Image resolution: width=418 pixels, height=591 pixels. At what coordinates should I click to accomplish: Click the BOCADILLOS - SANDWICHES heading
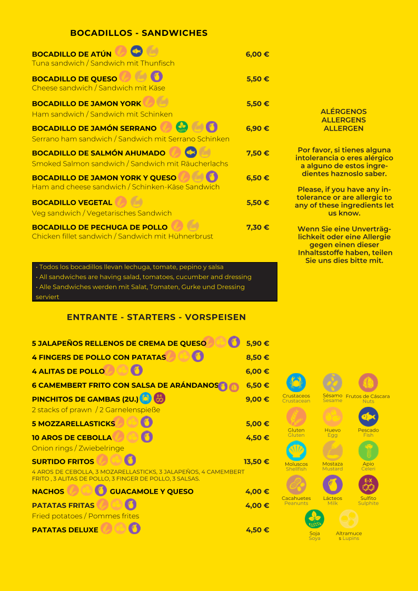pyautogui.click(x=139, y=33)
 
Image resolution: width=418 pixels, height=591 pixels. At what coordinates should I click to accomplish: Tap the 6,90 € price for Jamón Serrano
pyautogui.click(x=257, y=128)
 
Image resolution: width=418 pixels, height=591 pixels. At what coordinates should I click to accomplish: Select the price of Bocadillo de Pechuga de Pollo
pyautogui.click(x=257, y=227)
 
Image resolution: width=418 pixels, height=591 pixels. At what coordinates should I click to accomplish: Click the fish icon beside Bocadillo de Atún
pyautogui.click(x=137, y=51)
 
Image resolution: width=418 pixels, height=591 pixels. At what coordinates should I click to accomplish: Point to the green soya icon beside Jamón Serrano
pyautogui.click(x=182, y=127)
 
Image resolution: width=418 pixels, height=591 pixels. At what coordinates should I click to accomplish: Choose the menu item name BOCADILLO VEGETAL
pyautogui.click(x=72, y=203)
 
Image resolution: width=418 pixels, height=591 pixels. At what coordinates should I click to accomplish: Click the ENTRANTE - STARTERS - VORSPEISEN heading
pyautogui.click(x=156, y=317)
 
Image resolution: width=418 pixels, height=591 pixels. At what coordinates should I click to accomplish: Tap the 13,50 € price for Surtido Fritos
pyautogui.click(x=256, y=462)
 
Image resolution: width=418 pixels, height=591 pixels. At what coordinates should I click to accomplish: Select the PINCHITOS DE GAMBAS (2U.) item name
pyautogui.click(x=85, y=399)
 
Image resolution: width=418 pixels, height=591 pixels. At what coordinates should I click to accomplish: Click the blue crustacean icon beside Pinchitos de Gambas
pyautogui.click(x=146, y=398)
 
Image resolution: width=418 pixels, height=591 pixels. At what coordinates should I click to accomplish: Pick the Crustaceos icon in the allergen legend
pyautogui.click(x=296, y=383)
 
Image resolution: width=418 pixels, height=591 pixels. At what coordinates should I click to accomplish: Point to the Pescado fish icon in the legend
pyautogui.click(x=369, y=417)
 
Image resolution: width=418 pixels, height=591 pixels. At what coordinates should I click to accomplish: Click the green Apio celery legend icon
pyautogui.click(x=369, y=451)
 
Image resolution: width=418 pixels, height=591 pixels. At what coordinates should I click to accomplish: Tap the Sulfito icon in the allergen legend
pyautogui.click(x=369, y=485)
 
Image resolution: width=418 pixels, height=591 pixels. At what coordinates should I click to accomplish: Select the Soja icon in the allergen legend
pyautogui.click(x=314, y=519)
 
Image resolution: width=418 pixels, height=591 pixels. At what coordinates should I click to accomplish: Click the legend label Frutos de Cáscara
pyautogui.click(x=368, y=396)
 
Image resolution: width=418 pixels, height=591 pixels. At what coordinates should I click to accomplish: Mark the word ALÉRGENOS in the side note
pyautogui.click(x=344, y=112)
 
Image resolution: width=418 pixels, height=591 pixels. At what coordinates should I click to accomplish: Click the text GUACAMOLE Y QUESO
pyautogui.click(x=152, y=492)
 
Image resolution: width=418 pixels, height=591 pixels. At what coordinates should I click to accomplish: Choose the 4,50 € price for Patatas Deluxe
pyautogui.click(x=257, y=530)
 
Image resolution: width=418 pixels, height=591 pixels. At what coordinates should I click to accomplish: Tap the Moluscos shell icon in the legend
pyautogui.click(x=296, y=451)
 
